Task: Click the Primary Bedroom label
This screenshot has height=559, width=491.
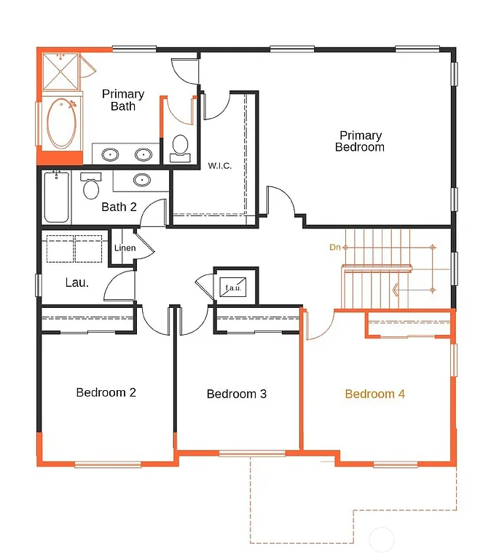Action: (360, 141)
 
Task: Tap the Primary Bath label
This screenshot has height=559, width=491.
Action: (123, 100)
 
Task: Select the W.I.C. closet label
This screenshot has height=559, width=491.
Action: (219, 166)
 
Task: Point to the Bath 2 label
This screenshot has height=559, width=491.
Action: (119, 207)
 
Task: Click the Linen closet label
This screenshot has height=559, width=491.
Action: (125, 248)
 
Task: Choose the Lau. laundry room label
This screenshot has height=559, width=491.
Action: (76, 282)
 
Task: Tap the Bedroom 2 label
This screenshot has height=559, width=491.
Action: (106, 392)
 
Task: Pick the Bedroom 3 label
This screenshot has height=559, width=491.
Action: (237, 394)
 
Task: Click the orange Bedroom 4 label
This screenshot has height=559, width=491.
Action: (374, 394)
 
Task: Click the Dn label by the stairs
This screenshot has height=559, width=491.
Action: (335, 247)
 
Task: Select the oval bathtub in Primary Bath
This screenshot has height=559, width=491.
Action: (62, 124)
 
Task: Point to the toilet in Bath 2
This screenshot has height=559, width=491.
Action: (91, 187)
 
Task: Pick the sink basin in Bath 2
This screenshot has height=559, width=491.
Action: (142, 179)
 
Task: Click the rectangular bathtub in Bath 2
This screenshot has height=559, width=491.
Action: (57, 197)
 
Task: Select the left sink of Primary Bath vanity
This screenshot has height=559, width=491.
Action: (111, 154)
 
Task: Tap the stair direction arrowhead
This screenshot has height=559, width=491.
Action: (396, 290)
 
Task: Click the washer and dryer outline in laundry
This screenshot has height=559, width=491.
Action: (74, 248)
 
